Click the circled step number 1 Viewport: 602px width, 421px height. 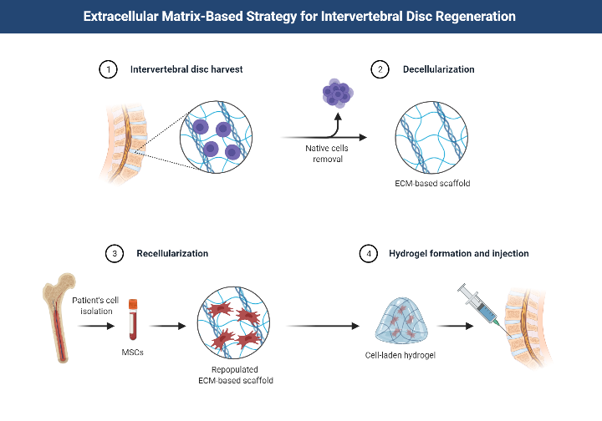pyautogui.click(x=107, y=69)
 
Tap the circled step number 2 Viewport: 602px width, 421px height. pyautogui.click(x=380, y=69)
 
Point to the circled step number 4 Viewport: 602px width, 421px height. pyautogui.click(x=365, y=252)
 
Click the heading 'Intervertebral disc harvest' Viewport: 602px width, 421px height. pyautogui.click(x=186, y=69)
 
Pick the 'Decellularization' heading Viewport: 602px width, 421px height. pyautogui.click(x=437, y=69)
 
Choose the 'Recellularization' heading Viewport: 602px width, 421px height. pyautogui.click(x=172, y=252)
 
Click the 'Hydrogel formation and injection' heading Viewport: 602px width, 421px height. pyautogui.click(x=458, y=252)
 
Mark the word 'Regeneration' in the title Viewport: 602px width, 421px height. pyautogui.click(x=473, y=16)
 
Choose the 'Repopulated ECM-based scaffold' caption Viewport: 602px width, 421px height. pyautogui.click(x=232, y=374)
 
